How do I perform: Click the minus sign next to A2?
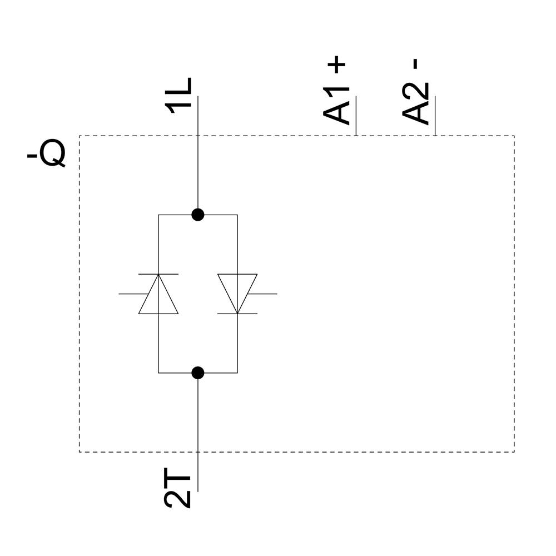pyautogui.click(x=416, y=64)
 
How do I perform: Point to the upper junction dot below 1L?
pyautogui.click(x=197, y=215)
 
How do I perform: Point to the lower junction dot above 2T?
pyautogui.click(x=197, y=373)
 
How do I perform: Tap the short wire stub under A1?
pyautogui.click(x=356, y=117)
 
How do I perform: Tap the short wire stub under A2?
pyautogui.click(x=435, y=117)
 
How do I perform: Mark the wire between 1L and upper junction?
pyautogui.click(x=197, y=167)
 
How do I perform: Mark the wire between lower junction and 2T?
pyautogui.click(x=197, y=423)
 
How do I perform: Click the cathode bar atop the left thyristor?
pyautogui.click(x=158, y=274)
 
